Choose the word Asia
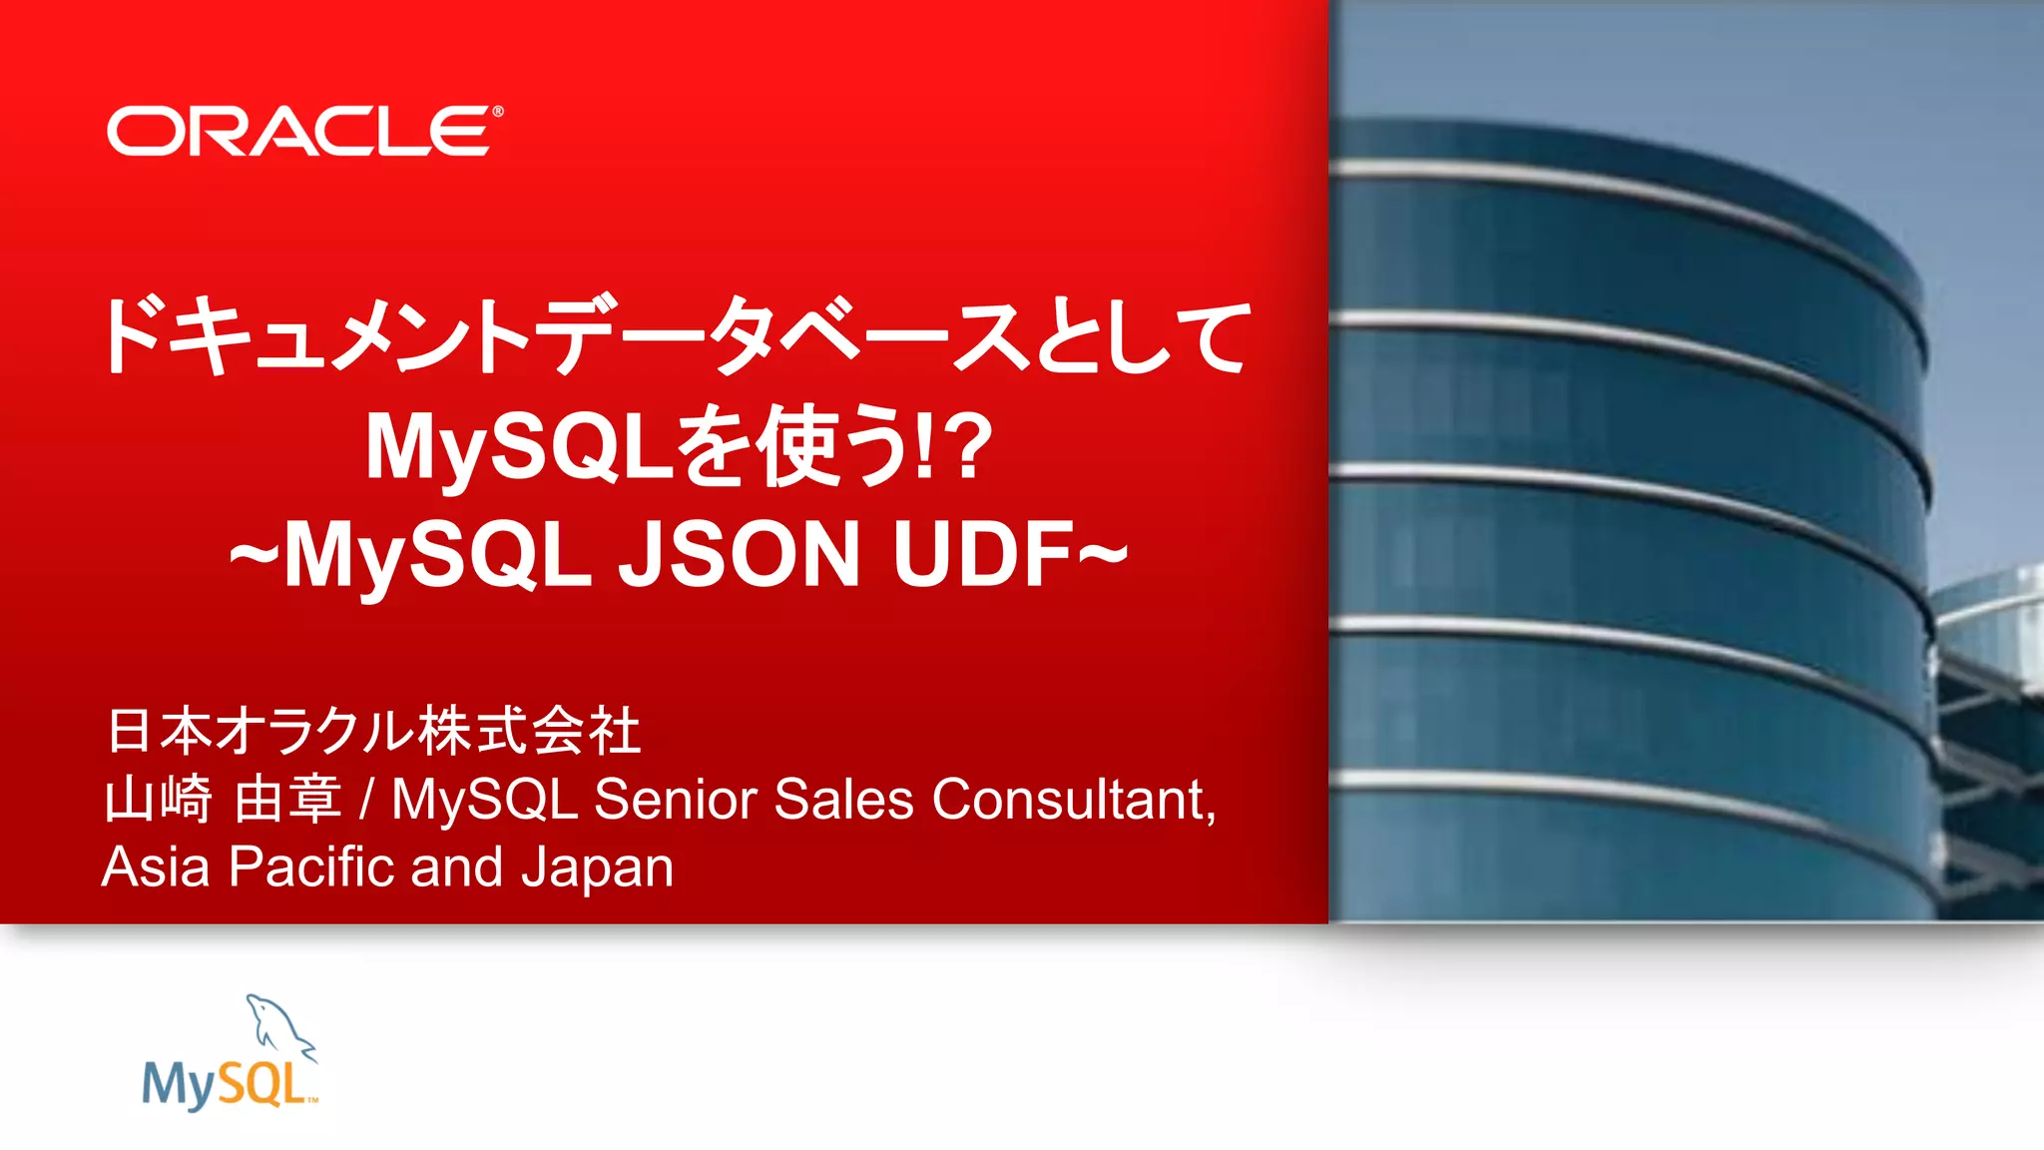pos(156,866)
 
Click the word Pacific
pos(311,866)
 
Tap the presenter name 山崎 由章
pos(224,800)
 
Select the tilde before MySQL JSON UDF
pos(254,555)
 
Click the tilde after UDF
pos(1103,552)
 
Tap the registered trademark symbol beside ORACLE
pos(498,112)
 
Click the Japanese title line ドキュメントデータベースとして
pos(675,336)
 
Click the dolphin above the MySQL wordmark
pos(280,1023)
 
